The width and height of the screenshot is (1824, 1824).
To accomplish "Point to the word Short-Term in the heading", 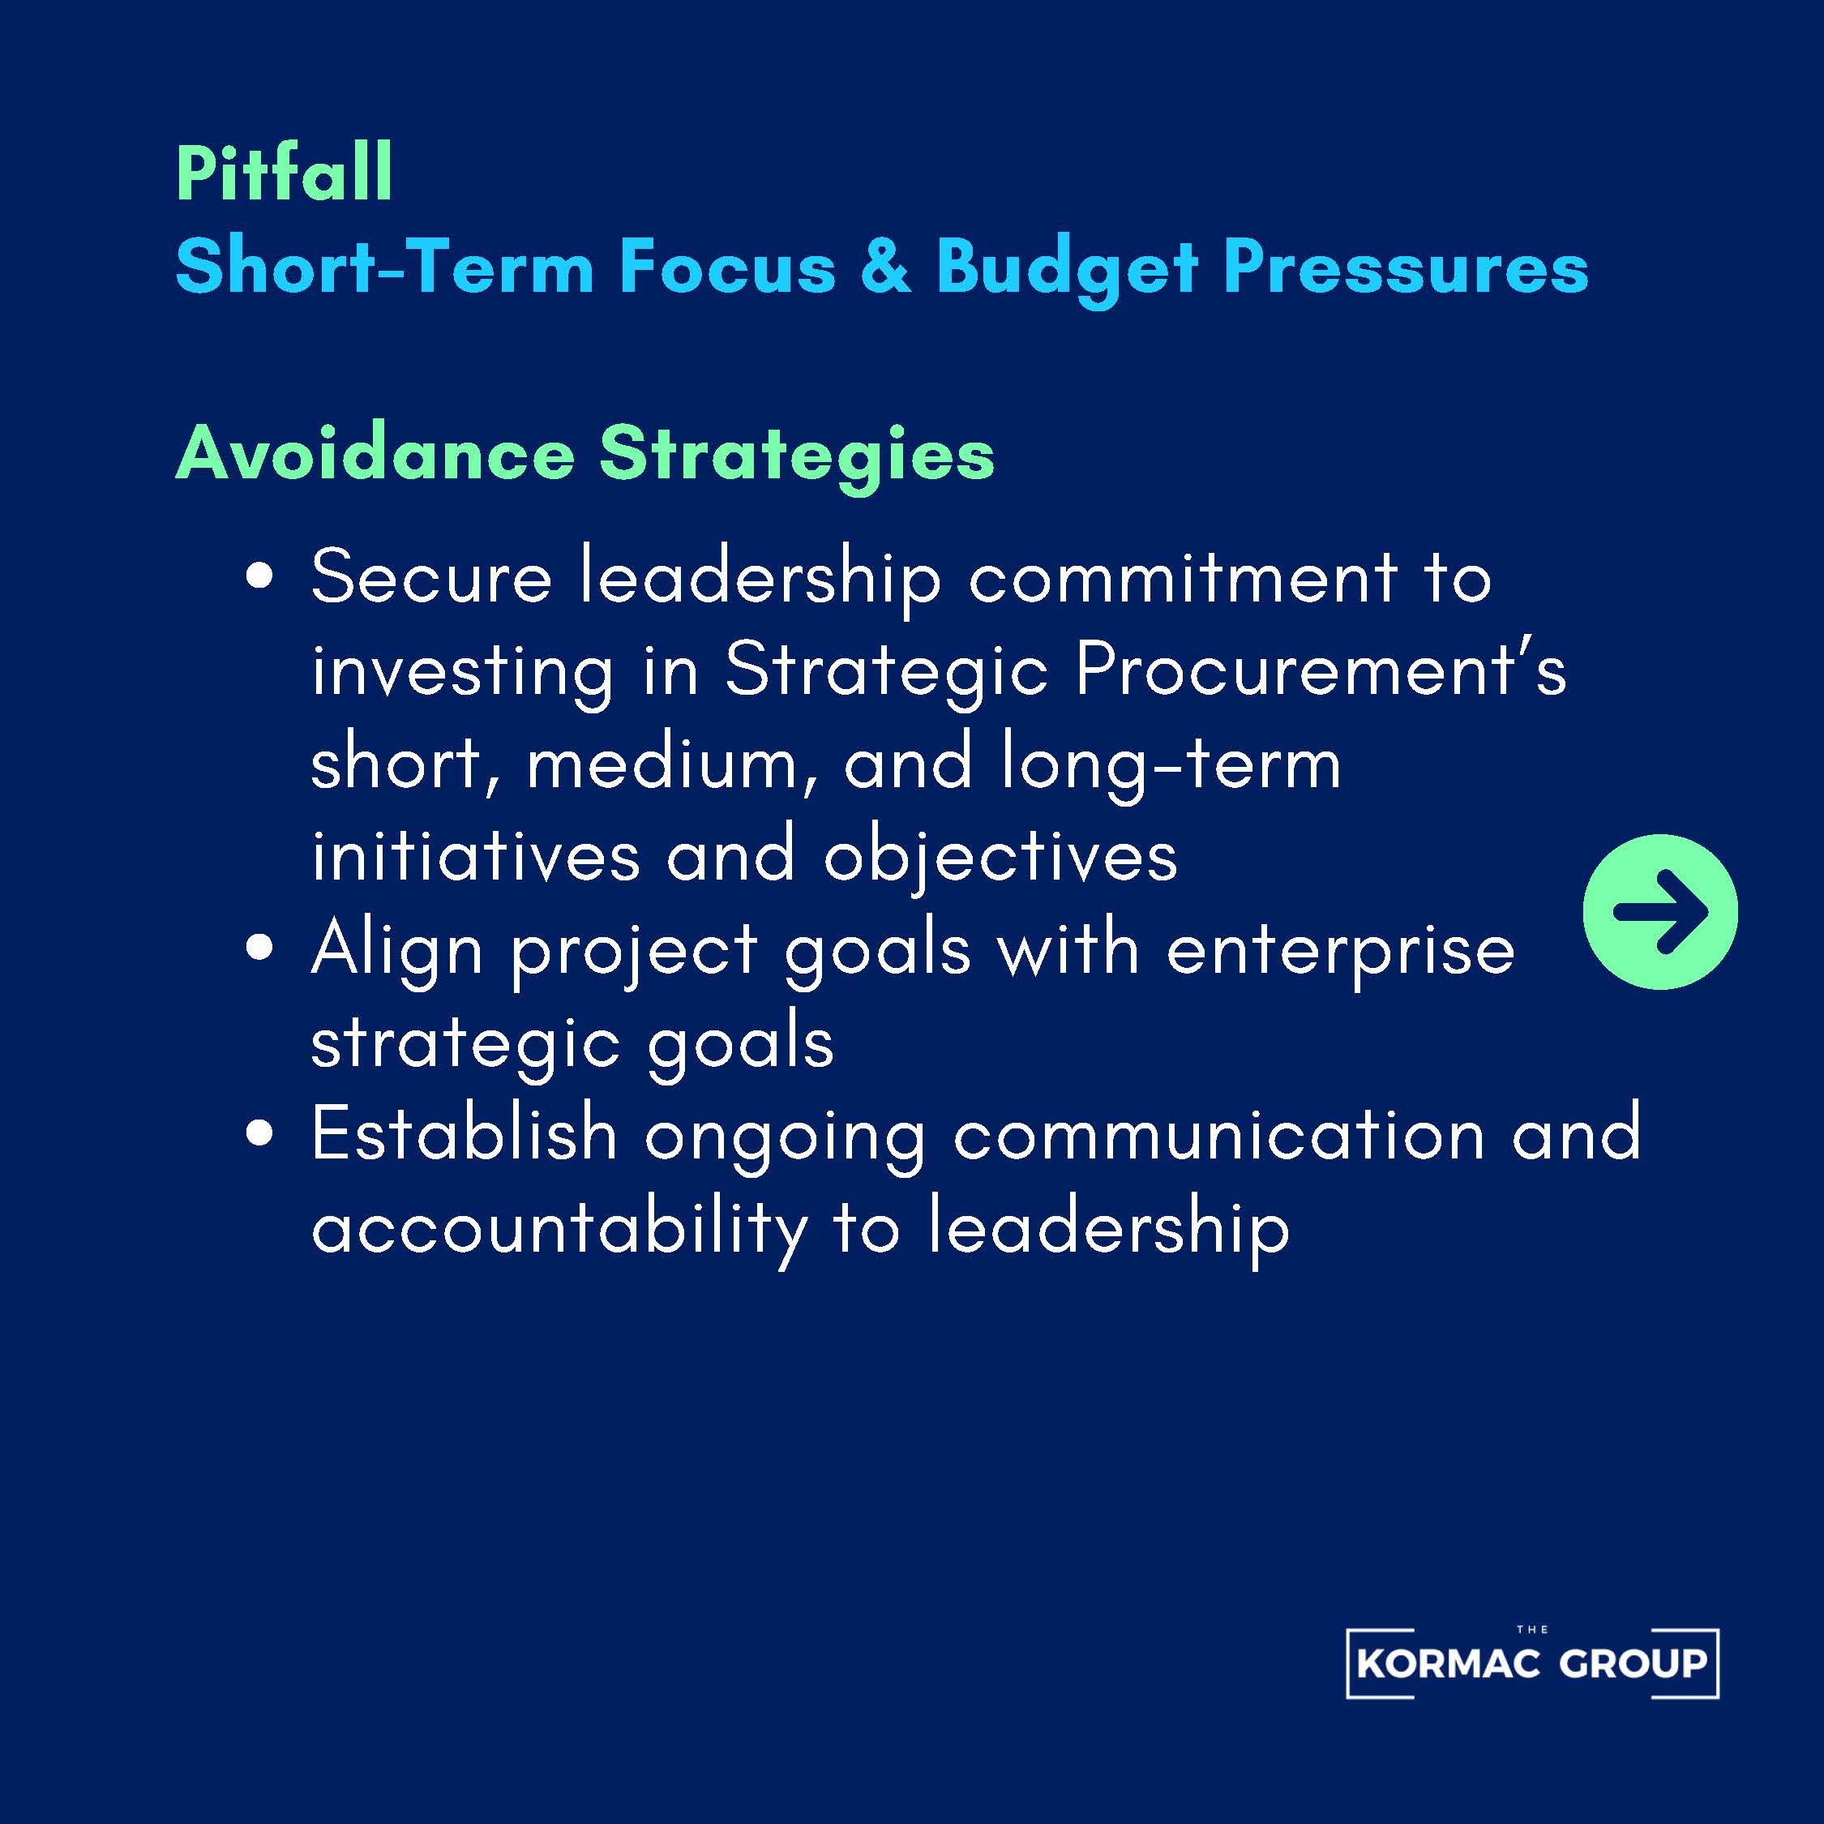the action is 384,268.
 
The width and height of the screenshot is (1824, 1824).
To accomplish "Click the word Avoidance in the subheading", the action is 375,454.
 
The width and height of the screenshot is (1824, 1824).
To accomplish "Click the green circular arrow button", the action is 1659,911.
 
